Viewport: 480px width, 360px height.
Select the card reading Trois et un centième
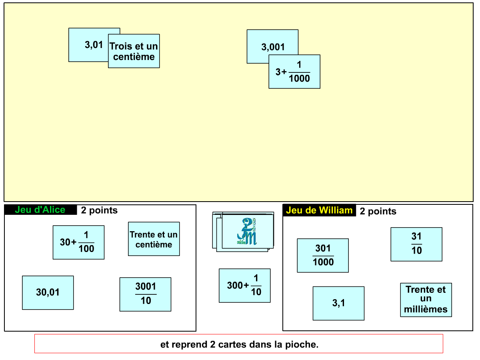point(134,51)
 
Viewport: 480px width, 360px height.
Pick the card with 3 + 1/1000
point(294,72)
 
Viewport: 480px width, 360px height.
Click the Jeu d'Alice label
point(40,210)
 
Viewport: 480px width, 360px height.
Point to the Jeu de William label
point(319,210)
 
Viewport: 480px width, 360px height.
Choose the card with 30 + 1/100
point(78,242)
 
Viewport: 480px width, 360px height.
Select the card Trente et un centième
point(154,239)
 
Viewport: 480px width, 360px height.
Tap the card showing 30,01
point(48,292)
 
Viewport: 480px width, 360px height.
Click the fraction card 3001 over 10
point(145,294)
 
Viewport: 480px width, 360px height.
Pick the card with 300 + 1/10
point(244,286)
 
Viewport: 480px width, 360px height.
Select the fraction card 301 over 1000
point(323,256)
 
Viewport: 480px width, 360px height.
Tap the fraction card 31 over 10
point(416,244)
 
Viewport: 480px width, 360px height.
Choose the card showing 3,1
point(338,303)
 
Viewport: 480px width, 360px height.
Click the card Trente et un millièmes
point(426,300)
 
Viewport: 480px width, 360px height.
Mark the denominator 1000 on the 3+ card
point(299,79)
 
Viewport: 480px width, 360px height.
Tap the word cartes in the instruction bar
point(232,344)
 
